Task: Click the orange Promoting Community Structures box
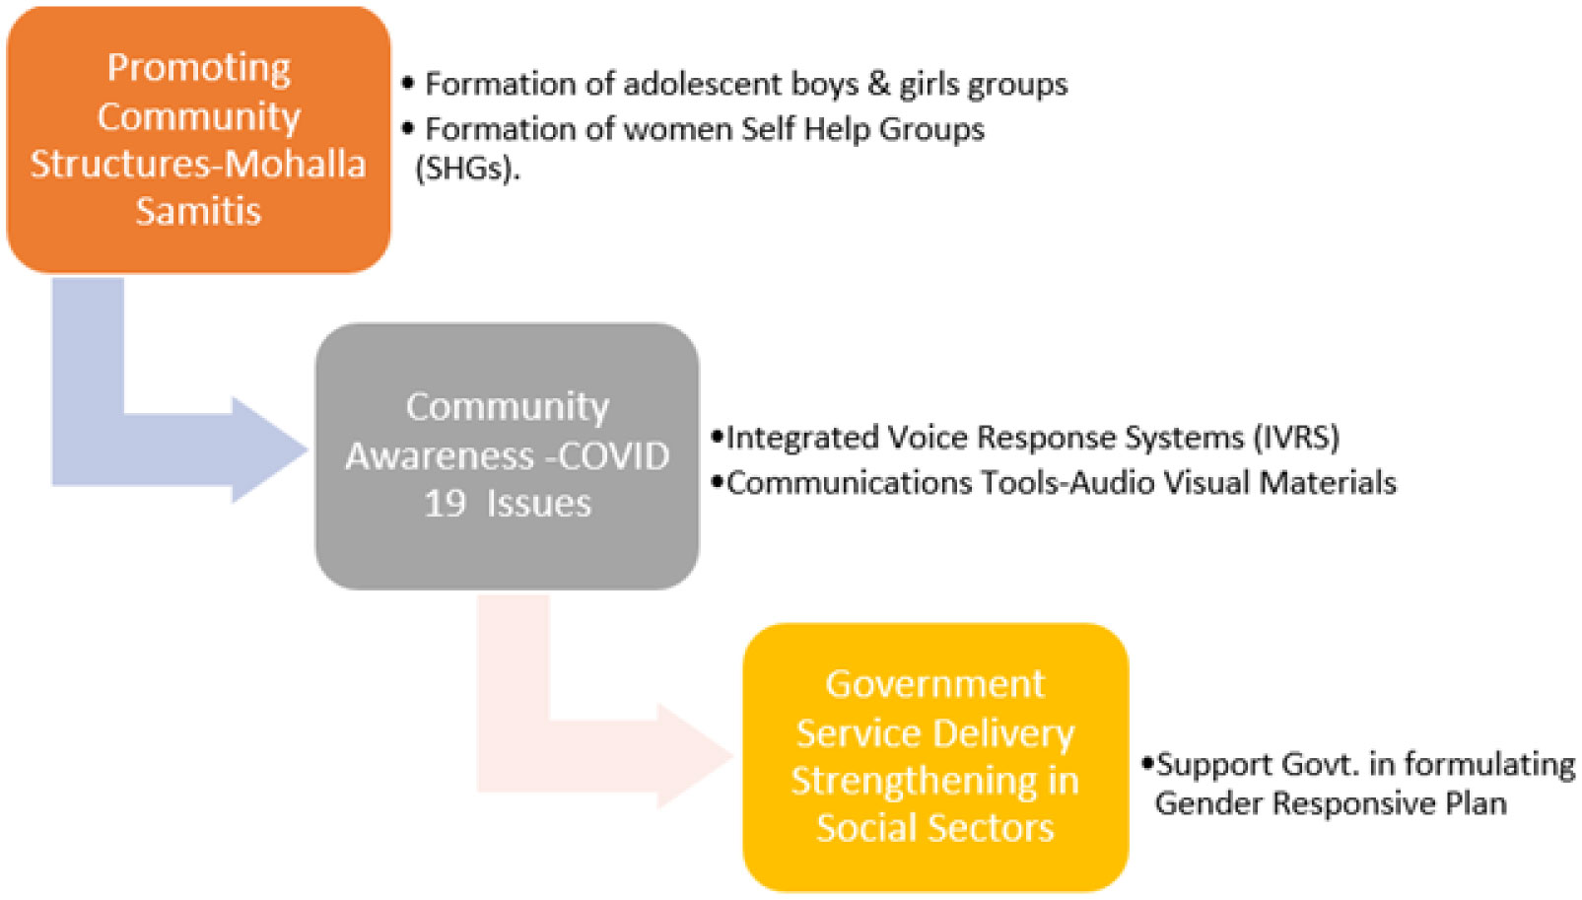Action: [x=198, y=139]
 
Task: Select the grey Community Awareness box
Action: [x=507, y=455]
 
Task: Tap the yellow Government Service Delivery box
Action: [x=934, y=756]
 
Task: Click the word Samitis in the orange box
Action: [x=198, y=211]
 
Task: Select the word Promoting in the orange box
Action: [x=198, y=68]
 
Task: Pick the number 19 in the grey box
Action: [x=445, y=504]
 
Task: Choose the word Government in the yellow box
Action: [x=934, y=683]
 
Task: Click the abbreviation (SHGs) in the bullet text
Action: [x=467, y=169]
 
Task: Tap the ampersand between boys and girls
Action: [x=878, y=84]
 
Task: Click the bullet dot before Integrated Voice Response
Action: [x=718, y=436]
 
